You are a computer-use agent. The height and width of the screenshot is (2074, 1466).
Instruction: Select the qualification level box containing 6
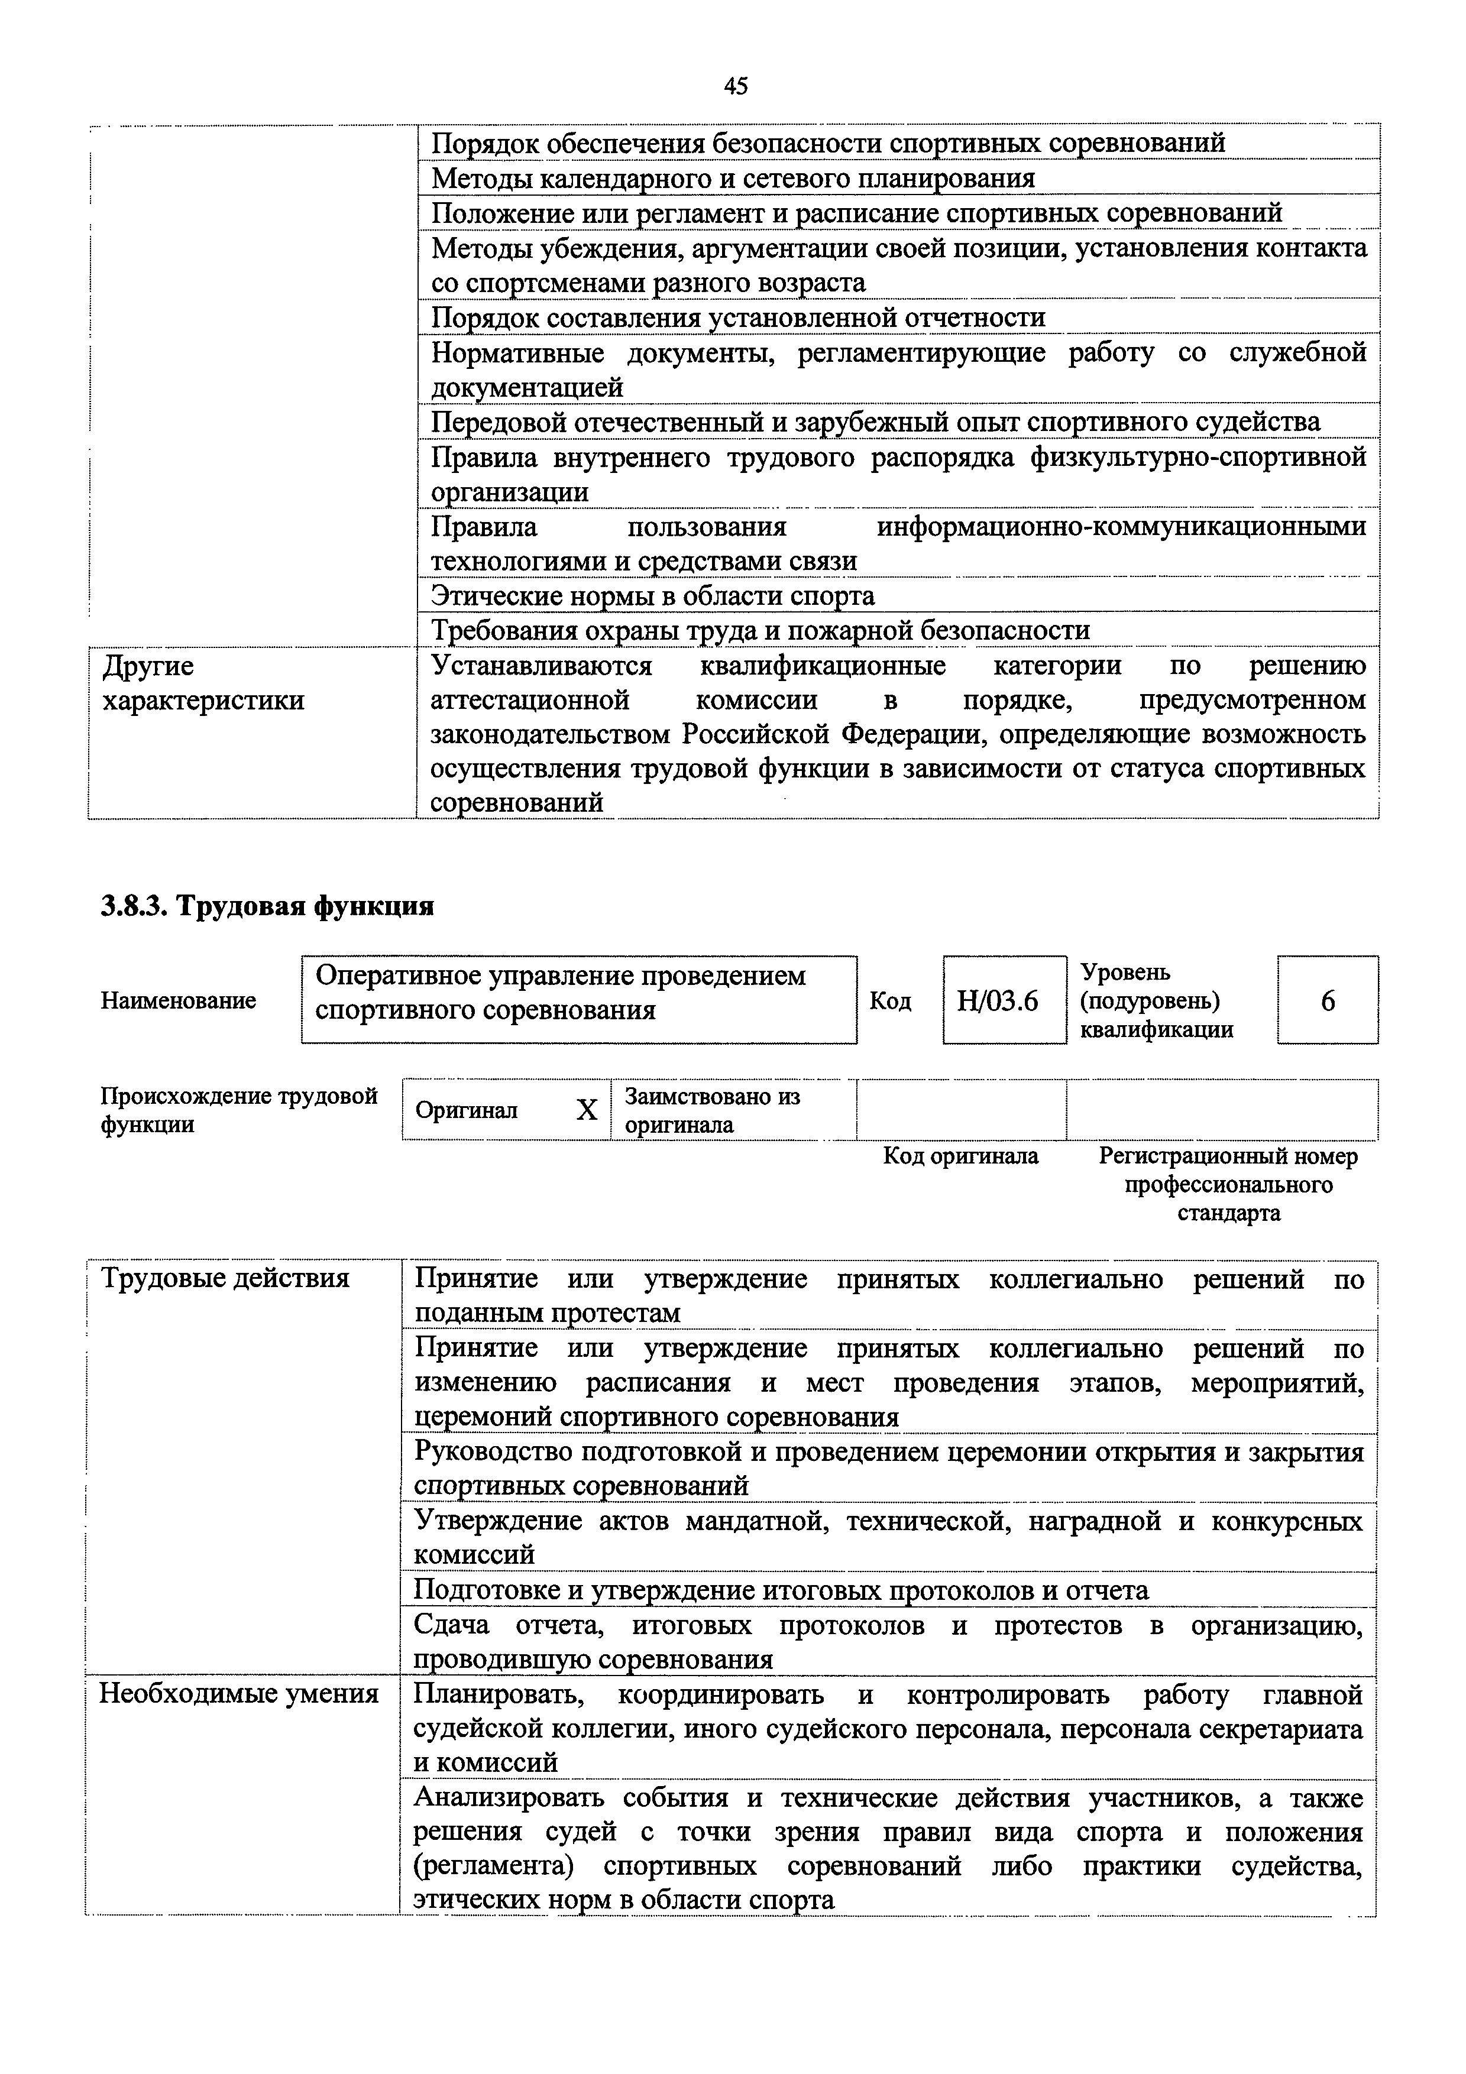click(x=1327, y=1001)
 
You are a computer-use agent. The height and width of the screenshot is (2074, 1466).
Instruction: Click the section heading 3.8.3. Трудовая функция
click(x=267, y=906)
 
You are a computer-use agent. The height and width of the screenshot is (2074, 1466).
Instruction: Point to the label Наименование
click(x=179, y=1001)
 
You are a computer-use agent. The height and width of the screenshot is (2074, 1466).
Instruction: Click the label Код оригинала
click(x=960, y=1156)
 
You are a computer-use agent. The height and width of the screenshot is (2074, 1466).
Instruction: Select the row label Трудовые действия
click(x=225, y=1279)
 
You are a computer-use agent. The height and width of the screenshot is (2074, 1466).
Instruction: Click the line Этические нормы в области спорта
click(x=652, y=596)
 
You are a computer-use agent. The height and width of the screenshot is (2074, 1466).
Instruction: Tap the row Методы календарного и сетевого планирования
click(x=733, y=179)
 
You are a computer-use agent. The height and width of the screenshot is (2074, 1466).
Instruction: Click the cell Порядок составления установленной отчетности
click(x=738, y=318)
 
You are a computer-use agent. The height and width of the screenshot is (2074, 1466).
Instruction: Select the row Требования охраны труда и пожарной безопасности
click(x=760, y=630)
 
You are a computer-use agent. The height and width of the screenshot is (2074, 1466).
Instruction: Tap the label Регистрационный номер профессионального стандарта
click(x=1228, y=1184)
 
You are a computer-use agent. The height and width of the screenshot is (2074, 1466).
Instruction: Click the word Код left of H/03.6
click(x=890, y=1001)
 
